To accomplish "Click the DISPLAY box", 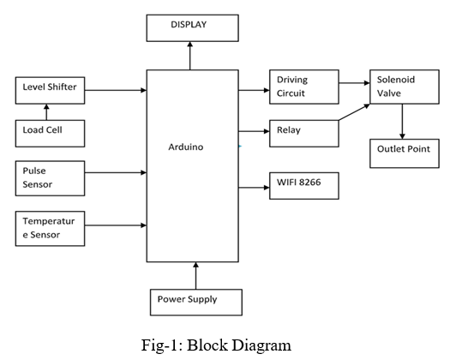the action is tap(192, 28).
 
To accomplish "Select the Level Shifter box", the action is tap(50, 91).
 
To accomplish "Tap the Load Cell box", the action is tap(50, 134).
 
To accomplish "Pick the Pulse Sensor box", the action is tap(50, 178).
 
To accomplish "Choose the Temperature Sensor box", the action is tap(50, 229).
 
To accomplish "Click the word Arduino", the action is tap(186, 147).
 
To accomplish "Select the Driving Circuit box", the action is tap(304, 87).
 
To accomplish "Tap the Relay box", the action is tap(304, 134).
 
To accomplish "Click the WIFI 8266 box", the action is tap(304, 186).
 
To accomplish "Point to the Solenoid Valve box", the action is tap(405, 87).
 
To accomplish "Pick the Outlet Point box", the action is tap(405, 153).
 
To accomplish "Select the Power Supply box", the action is tap(196, 303).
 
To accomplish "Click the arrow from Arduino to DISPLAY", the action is tap(190, 56).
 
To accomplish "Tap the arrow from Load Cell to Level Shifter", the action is tap(46, 112).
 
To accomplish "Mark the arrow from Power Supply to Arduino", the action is tap(195, 276).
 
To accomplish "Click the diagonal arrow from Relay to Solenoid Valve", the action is tap(354, 112).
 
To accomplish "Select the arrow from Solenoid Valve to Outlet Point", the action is tap(402, 122).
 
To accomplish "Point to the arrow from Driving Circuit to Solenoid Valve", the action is tap(355, 83).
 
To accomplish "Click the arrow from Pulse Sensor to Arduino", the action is tap(116, 172).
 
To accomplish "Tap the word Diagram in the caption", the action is tap(261, 345).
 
